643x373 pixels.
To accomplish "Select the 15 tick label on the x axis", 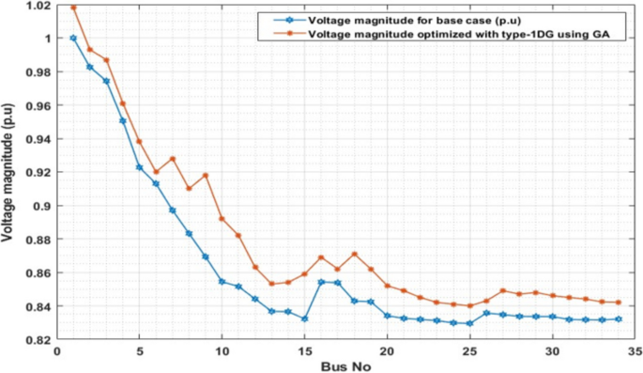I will pos(304,350).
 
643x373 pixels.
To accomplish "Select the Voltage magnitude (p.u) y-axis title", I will pos(8,173).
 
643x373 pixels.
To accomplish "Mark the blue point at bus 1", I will pos(73,39).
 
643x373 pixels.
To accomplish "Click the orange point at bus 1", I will pos(73,8).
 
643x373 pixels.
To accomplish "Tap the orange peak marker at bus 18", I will pos(354,254).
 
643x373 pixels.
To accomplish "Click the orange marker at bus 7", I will pos(173,159).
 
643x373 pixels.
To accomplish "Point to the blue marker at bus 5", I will pos(139,167).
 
